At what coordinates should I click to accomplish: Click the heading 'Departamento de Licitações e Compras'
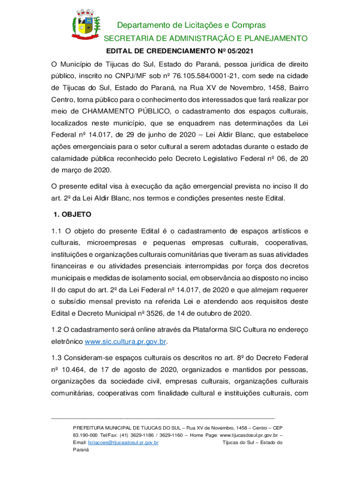coord(191,25)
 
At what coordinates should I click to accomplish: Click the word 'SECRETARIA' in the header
coord(125,38)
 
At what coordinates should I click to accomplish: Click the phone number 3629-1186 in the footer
coord(123,435)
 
